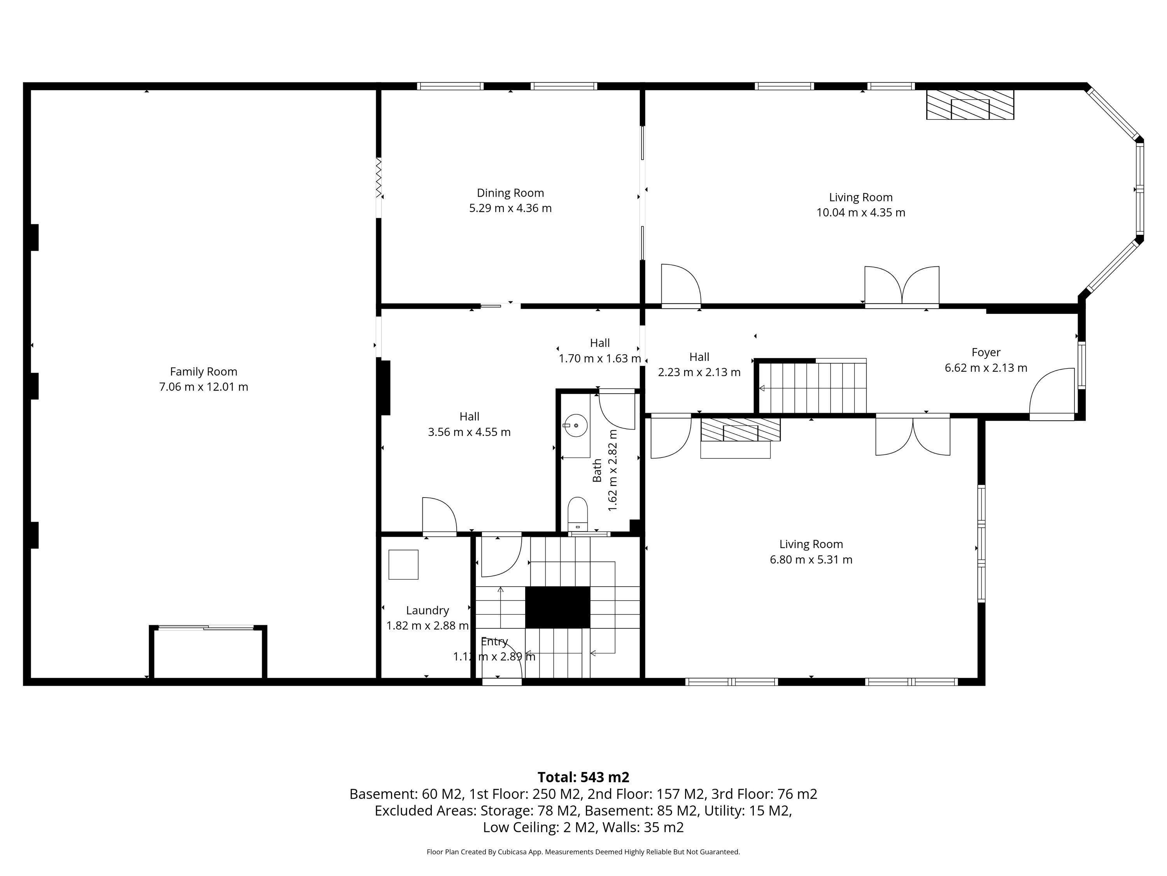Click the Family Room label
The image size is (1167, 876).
click(204, 372)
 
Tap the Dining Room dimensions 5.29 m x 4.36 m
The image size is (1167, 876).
click(510, 208)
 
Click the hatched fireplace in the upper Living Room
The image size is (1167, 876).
click(970, 105)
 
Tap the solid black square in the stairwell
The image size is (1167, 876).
click(558, 607)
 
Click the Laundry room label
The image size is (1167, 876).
click(428, 610)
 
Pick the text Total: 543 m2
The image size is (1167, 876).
click(583, 777)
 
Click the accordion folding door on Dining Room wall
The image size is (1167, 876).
click(378, 178)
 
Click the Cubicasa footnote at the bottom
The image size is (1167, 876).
click(583, 852)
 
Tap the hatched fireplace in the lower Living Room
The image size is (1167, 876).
click(740, 429)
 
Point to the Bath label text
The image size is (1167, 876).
click(597, 470)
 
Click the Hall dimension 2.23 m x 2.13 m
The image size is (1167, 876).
click(699, 372)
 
